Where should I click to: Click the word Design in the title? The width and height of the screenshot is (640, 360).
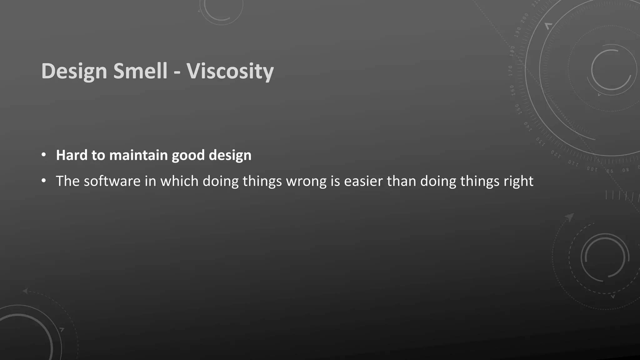tap(74, 71)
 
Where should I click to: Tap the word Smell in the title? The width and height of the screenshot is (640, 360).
tap(140, 71)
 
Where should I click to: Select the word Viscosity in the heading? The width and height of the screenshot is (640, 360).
tap(230, 71)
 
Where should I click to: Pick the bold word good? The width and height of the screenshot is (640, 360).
tap(188, 155)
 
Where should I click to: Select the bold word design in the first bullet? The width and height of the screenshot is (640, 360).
tap(230, 155)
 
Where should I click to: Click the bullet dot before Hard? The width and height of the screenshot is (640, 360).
tap(44, 155)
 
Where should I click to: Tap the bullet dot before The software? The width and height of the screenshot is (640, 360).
tap(44, 181)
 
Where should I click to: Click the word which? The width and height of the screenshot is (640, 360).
tap(179, 181)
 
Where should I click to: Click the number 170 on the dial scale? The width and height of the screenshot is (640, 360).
tap(511, 71)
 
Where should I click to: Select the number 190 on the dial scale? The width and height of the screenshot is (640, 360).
tap(518, 32)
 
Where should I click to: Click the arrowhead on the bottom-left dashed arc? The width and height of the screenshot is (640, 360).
tap(25, 291)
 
